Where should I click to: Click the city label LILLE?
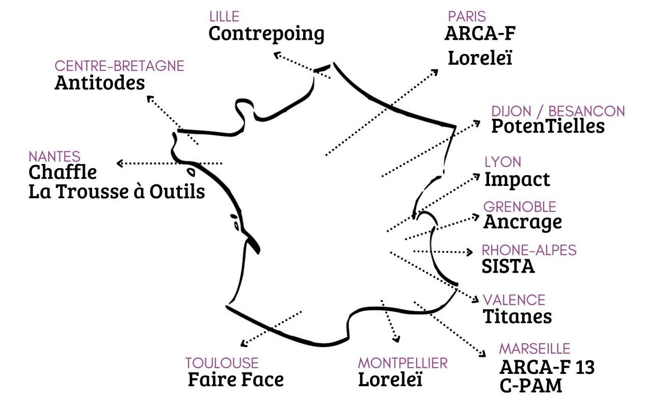point(225,16)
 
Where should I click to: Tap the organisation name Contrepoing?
point(266,34)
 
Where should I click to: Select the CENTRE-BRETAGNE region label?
point(119,66)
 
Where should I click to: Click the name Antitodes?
point(100,83)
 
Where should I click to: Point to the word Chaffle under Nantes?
point(63,172)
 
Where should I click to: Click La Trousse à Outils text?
point(117,191)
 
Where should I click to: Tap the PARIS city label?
point(467,16)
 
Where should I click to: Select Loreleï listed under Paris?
point(480,58)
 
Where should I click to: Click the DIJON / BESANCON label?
point(558,112)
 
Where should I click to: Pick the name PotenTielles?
point(548,126)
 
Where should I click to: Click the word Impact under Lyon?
point(517,180)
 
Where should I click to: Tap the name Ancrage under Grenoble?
point(523,222)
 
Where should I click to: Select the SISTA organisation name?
point(508,266)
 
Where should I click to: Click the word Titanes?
point(517,316)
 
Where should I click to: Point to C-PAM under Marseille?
point(531,386)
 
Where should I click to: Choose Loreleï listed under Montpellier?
point(390,379)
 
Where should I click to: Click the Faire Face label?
point(236,380)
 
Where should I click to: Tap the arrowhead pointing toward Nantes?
point(120,164)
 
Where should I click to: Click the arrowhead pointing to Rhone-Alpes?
point(469,252)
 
